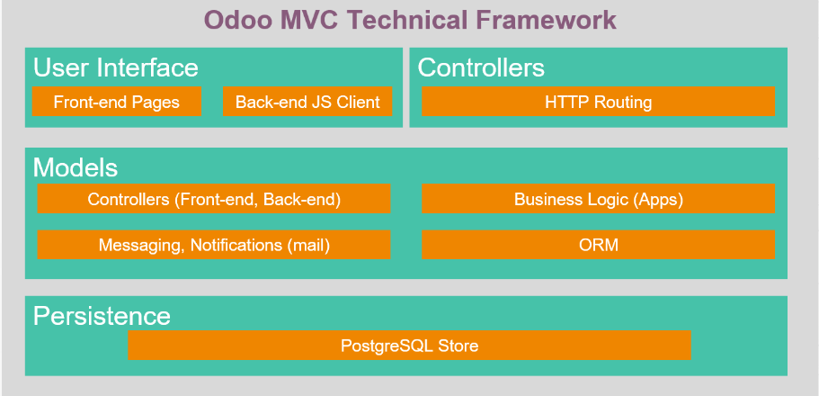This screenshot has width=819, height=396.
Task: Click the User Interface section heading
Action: (x=116, y=68)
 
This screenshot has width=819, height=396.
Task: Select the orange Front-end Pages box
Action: (x=117, y=102)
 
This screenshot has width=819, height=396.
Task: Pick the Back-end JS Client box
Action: (x=307, y=102)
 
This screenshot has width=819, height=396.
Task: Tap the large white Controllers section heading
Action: (x=481, y=68)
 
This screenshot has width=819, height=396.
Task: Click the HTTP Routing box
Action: (x=598, y=102)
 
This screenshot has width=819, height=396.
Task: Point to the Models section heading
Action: (x=76, y=168)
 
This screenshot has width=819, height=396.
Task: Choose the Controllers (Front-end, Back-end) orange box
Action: (x=214, y=199)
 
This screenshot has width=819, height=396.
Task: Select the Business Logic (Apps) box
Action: (x=598, y=199)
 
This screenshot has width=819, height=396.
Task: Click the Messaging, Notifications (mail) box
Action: (x=214, y=245)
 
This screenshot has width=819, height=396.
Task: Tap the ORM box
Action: (x=598, y=245)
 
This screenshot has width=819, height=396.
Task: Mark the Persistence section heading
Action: (x=102, y=317)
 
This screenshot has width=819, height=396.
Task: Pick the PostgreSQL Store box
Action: (x=410, y=346)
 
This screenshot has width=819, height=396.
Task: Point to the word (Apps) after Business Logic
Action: (x=658, y=199)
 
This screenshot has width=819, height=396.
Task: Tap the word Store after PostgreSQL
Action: (x=458, y=346)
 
